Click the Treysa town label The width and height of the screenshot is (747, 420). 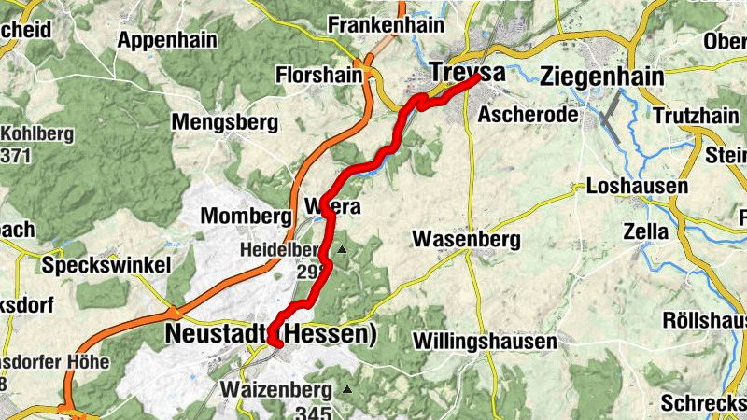[468, 73]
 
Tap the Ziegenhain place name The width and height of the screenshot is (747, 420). [601, 77]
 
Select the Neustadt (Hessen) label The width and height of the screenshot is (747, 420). [271, 333]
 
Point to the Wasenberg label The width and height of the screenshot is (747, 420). [466, 240]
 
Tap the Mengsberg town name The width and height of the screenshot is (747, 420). [225, 122]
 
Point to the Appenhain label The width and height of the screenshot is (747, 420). [167, 40]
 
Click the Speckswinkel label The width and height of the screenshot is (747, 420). [107, 266]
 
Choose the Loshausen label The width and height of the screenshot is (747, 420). [637, 187]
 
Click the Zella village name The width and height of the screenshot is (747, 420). [648, 231]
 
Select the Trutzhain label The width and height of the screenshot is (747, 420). [695, 117]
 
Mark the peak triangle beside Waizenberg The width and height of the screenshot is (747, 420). [347, 389]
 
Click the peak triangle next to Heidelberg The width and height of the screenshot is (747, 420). [342, 250]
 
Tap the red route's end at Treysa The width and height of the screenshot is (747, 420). [479, 79]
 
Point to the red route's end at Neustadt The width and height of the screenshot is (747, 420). [276, 343]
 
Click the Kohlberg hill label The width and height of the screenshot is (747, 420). [39, 133]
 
